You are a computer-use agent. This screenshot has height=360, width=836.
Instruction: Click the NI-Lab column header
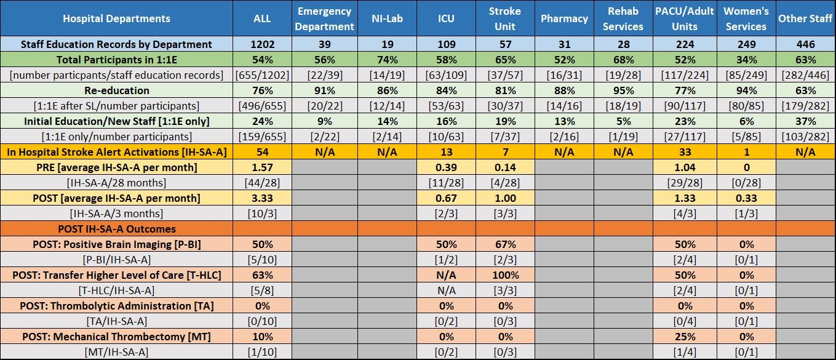(x=387, y=18)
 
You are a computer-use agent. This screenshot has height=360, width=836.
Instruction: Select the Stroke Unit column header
(x=505, y=18)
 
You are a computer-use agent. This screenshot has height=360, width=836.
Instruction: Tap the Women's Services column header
(x=746, y=18)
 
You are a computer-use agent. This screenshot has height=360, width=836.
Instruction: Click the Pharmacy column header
(x=564, y=18)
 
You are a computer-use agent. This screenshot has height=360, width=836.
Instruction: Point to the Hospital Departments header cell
(x=116, y=18)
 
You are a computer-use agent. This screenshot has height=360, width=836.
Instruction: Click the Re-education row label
(x=116, y=90)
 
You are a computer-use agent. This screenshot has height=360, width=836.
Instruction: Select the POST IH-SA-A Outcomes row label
(x=116, y=229)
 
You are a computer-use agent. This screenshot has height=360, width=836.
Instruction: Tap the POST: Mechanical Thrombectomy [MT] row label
(x=116, y=337)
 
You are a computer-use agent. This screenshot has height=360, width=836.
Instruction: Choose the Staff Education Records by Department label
(x=116, y=44)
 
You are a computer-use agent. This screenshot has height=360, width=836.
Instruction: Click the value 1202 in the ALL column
(x=263, y=44)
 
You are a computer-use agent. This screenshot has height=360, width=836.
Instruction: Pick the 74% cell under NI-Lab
(x=387, y=60)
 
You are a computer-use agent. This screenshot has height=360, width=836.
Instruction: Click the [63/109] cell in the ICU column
(x=446, y=75)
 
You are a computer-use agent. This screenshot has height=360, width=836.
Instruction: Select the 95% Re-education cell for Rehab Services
(x=623, y=90)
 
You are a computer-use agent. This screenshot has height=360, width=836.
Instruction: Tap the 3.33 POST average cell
(x=263, y=198)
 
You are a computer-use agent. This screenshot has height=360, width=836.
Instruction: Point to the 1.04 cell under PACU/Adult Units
(x=685, y=167)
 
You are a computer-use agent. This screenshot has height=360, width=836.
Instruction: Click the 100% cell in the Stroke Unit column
(x=505, y=275)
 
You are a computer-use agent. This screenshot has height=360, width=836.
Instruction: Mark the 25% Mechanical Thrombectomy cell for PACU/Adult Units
(x=685, y=337)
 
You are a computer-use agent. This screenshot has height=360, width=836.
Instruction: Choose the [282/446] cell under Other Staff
(x=805, y=75)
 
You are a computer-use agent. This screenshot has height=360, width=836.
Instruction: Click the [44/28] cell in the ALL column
(x=263, y=183)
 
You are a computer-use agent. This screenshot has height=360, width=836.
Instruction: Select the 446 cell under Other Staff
(x=805, y=44)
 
